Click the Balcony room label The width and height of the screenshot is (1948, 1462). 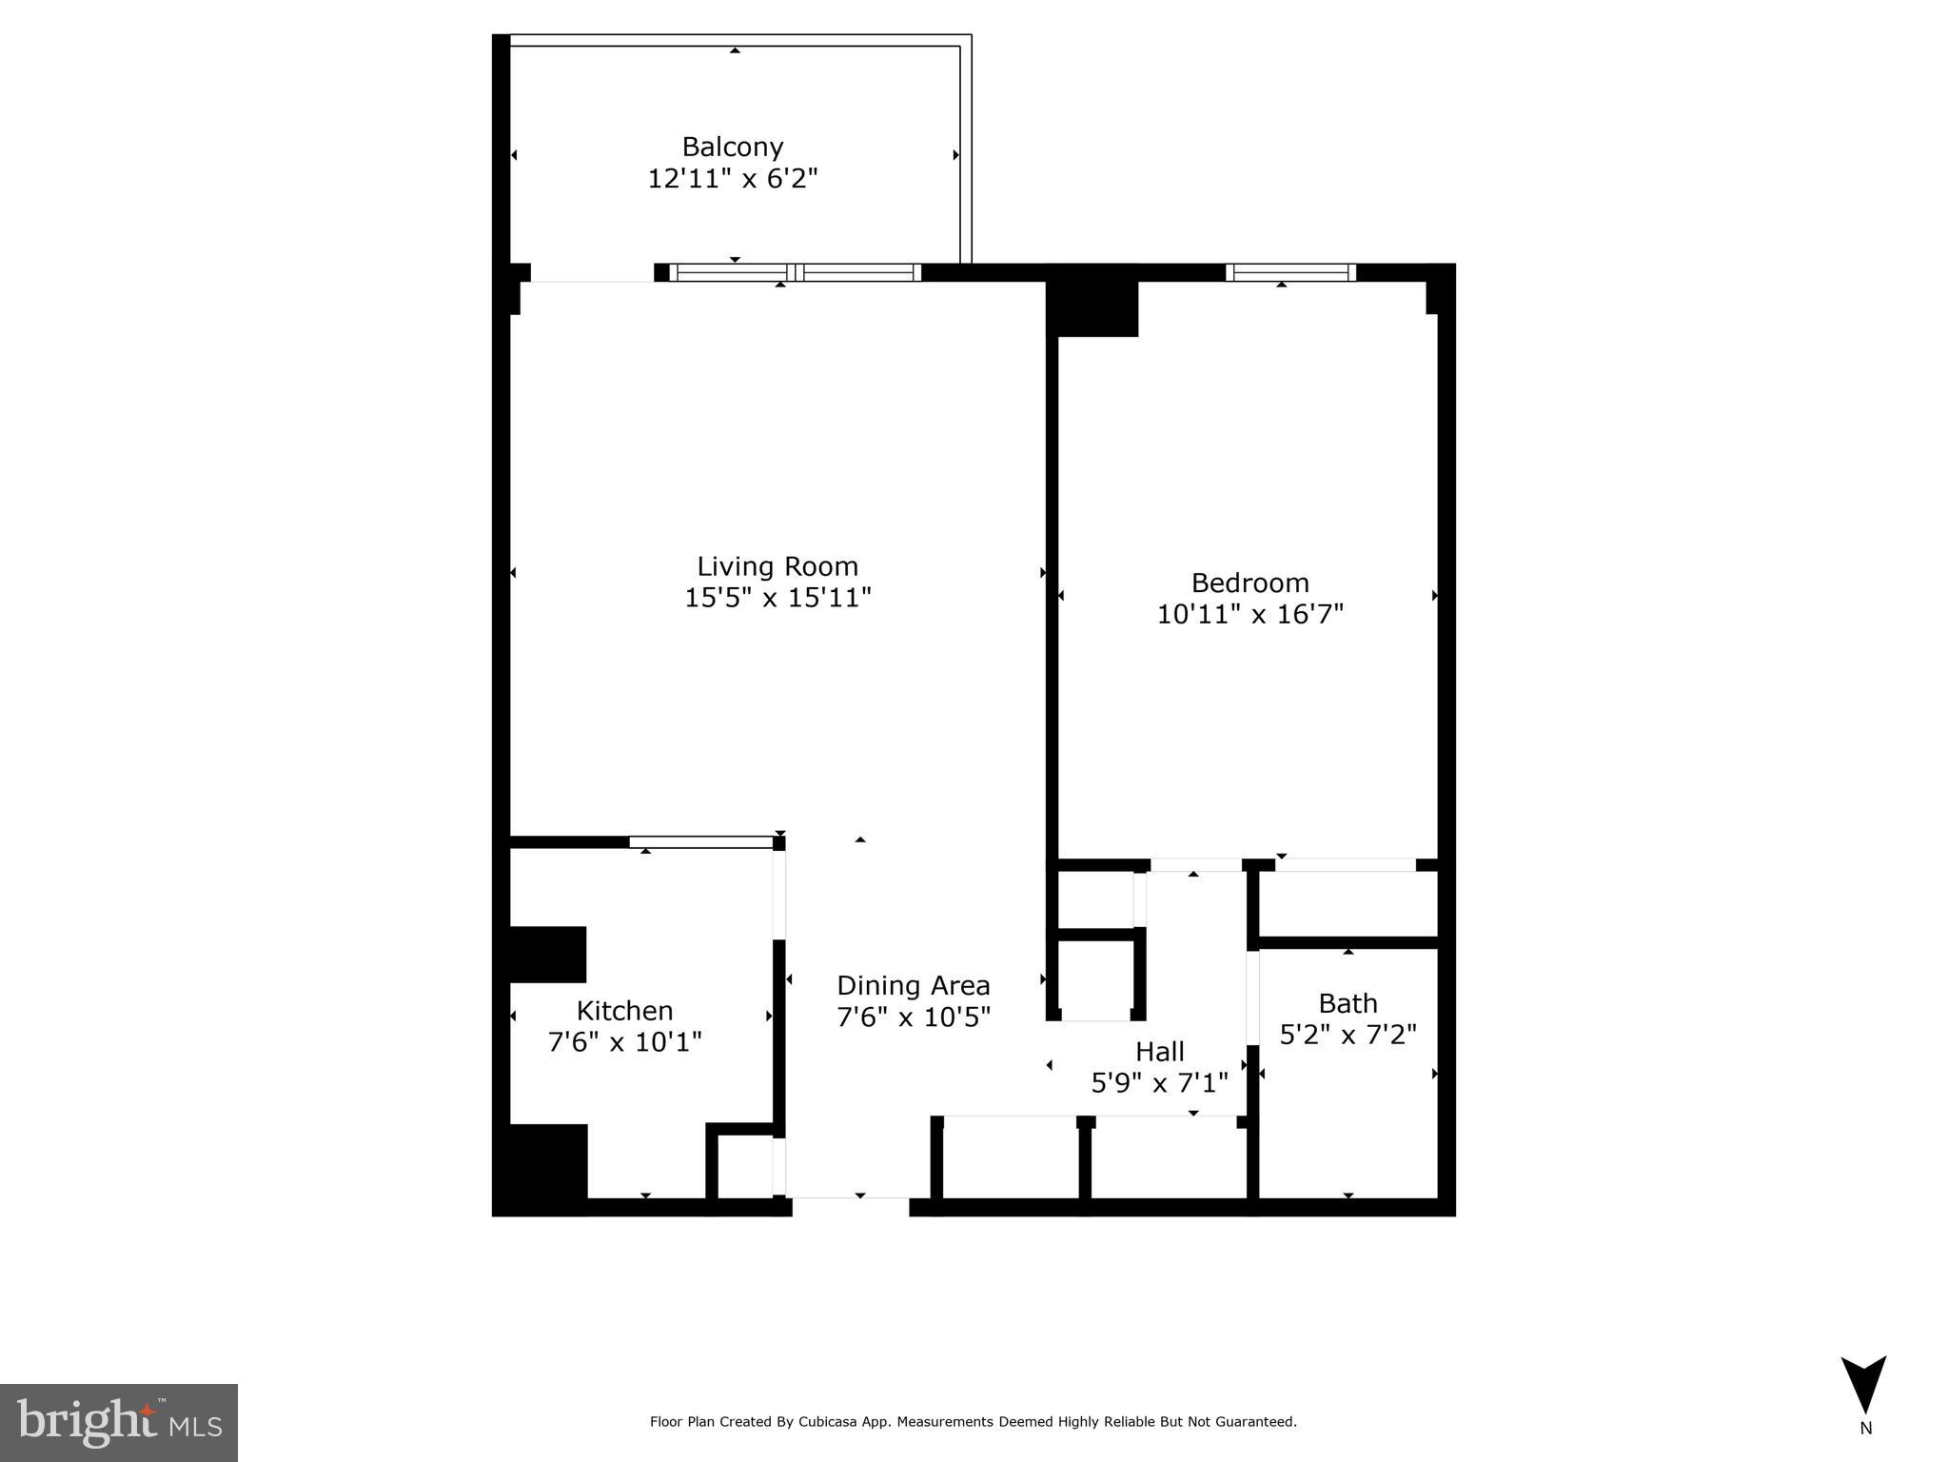[x=732, y=147]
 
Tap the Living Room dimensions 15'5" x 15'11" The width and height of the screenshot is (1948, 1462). [x=777, y=598]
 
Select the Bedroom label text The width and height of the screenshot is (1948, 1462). [x=1249, y=583]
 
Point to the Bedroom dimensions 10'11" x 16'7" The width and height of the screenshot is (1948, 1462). [x=1249, y=614]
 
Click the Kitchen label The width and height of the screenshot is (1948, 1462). [x=624, y=1010]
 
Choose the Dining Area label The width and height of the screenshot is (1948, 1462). [x=913, y=985]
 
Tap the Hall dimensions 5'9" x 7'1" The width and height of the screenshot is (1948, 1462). [x=1159, y=1083]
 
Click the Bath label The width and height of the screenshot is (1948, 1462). [x=1348, y=1003]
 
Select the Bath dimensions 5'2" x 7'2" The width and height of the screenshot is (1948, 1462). [x=1348, y=1035]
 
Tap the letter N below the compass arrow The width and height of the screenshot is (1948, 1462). [x=1865, y=1429]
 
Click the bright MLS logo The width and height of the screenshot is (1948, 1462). [x=118, y=1422]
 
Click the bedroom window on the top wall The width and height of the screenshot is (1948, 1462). [x=1290, y=272]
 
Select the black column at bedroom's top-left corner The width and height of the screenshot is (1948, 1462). [x=1092, y=302]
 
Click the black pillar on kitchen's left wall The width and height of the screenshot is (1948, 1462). [x=547, y=954]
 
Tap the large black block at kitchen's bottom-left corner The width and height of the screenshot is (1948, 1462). [x=540, y=1169]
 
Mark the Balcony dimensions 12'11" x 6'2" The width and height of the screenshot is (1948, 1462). [x=732, y=178]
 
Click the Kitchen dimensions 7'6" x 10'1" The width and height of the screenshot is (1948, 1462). [x=624, y=1041]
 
